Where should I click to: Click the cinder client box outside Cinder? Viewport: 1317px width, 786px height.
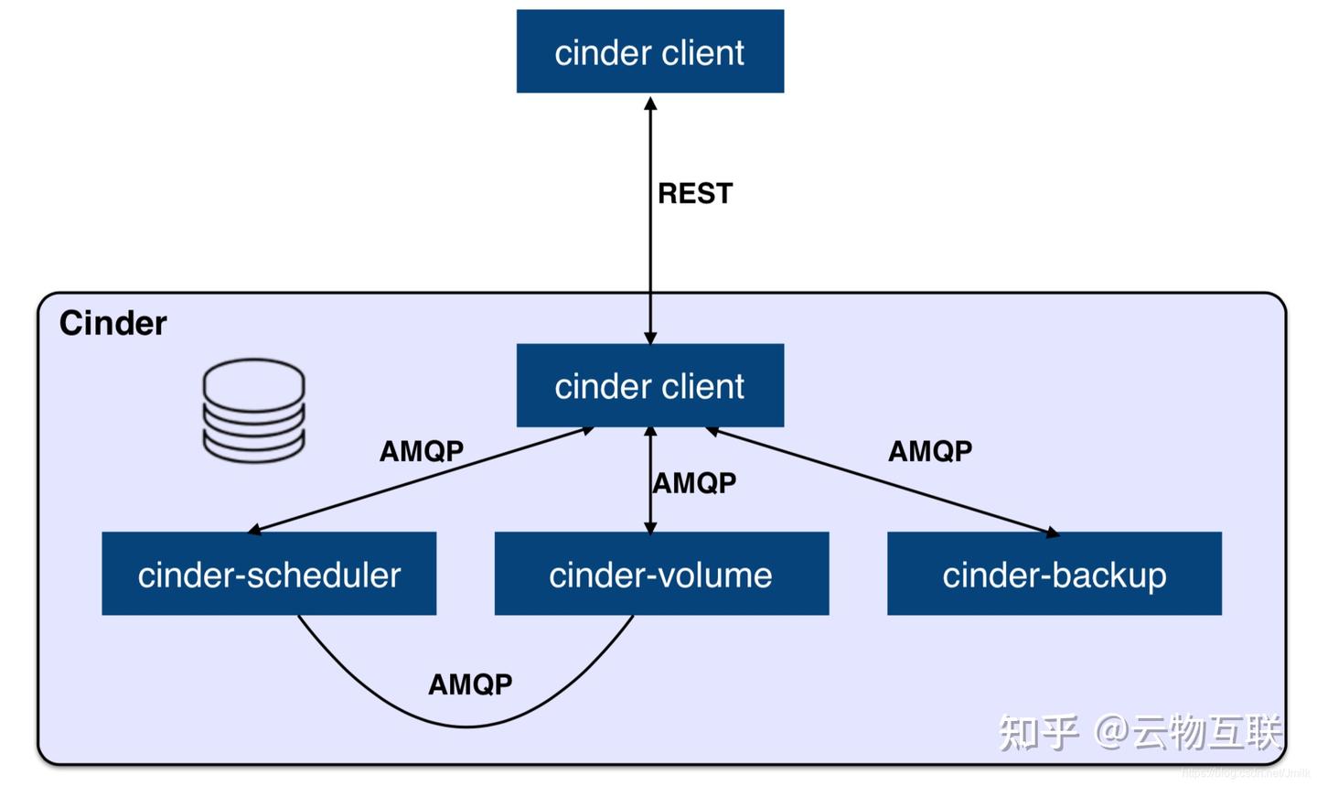[649, 51]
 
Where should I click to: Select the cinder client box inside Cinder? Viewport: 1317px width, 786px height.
[649, 385]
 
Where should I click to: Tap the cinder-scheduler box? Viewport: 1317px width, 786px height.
[269, 574]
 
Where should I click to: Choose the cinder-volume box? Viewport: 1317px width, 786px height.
[660, 574]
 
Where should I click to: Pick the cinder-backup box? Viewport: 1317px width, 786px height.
[1054, 574]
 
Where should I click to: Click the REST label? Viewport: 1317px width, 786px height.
[695, 193]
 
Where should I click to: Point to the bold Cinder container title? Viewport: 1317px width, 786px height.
[112, 323]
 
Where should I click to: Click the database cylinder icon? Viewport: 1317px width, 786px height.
[253, 409]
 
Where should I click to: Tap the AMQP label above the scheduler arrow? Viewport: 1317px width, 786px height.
[422, 450]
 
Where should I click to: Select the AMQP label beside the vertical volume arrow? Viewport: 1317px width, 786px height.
[694, 482]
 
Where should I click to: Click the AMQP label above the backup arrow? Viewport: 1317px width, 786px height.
[930, 450]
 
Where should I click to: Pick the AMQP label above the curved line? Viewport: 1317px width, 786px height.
[470, 684]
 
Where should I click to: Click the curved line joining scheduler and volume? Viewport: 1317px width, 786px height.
[466, 726]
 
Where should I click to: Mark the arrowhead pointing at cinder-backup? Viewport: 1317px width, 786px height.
[1053, 532]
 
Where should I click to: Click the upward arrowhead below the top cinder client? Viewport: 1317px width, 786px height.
[650, 103]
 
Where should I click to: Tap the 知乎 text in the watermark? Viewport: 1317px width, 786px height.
[1037, 732]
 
